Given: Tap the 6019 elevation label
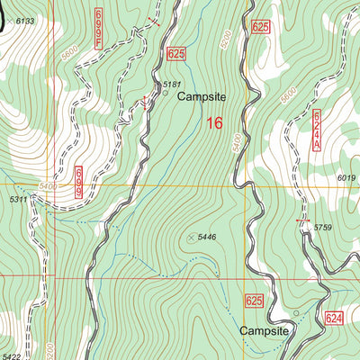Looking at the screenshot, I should [347, 178].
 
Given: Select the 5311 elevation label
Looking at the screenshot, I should [18, 199].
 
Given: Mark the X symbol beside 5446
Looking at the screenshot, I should [191, 237].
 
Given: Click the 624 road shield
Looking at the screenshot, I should [335, 319].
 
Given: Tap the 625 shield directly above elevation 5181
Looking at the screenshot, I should [175, 55].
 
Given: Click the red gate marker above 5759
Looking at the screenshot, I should [302, 220].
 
